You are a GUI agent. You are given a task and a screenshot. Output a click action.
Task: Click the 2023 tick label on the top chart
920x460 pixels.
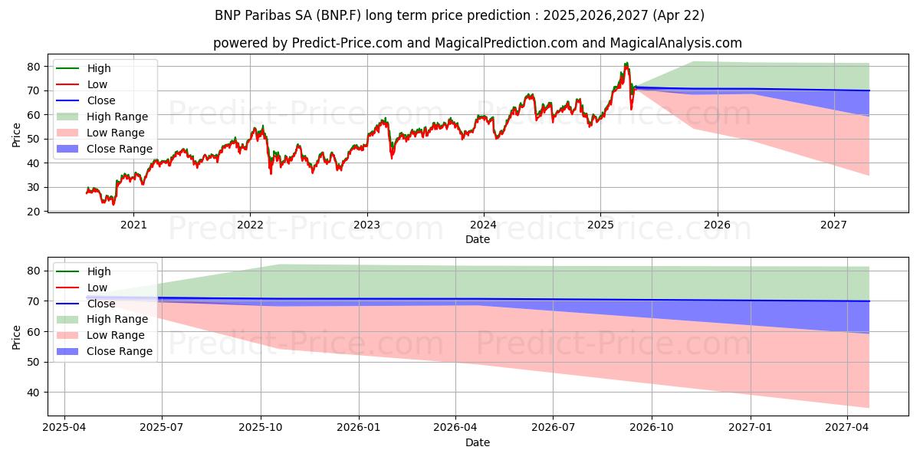(x=366, y=225)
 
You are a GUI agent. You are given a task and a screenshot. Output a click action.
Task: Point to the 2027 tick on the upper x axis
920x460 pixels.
(x=833, y=225)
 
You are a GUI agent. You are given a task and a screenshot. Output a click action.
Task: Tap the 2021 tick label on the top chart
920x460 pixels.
(x=133, y=225)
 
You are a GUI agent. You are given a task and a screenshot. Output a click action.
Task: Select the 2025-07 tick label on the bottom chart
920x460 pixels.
(x=163, y=427)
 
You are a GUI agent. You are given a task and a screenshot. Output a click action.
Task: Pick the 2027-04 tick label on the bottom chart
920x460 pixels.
(x=847, y=427)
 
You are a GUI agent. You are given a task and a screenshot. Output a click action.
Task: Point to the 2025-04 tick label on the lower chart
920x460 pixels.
(x=64, y=427)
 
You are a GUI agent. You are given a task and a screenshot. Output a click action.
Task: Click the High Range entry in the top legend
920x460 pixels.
(x=117, y=117)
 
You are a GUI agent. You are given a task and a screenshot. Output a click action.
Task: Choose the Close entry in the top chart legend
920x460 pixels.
(x=101, y=100)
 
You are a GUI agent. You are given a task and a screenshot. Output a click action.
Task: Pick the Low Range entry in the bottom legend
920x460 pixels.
(x=116, y=335)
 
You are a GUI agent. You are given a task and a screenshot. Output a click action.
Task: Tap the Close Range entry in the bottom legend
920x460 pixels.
(x=120, y=351)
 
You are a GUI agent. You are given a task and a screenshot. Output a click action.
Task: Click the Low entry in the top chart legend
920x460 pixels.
(x=97, y=84)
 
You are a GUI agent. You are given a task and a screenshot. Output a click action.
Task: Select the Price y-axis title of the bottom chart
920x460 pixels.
(x=16, y=336)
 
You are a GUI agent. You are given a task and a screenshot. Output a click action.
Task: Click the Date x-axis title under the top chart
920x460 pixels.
(x=477, y=240)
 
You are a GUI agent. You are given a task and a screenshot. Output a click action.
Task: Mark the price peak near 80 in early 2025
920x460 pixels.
(x=626, y=64)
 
